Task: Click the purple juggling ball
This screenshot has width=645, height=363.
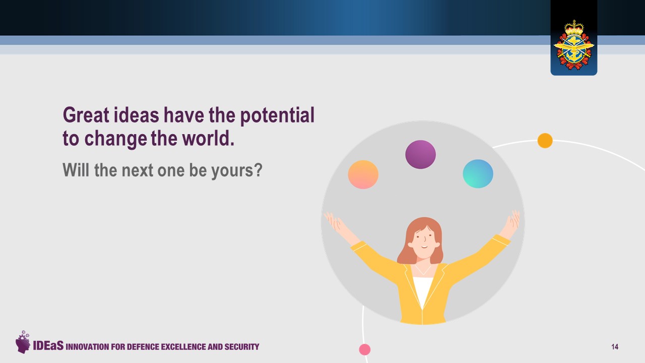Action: pyautogui.click(x=420, y=154)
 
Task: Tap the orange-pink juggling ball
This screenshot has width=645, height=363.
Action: pyautogui.click(x=363, y=174)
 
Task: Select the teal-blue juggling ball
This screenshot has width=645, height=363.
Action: pyautogui.click(x=478, y=174)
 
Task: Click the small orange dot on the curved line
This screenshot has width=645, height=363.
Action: pyautogui.click(x=545, y=141)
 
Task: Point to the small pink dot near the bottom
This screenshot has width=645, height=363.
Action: pyautogui.click(x=365, y=349)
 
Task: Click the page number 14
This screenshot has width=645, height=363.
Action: pyautogui.click(x=615, y=346)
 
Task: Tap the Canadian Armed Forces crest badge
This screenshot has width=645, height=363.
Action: pyautogui.click(x=574, y=45)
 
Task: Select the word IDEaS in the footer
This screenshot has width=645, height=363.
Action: pyautogui.click(x=48, y=345)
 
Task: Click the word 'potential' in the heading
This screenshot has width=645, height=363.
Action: pyautogui.click(x=277, y=116)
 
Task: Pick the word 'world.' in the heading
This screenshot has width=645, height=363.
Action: pyautogui.click(x=209, y=139)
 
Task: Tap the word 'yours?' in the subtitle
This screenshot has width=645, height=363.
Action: pyautogui.click(x=237, y=171)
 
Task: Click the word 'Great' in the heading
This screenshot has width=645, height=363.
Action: pyautogui.click(x=86, y=115)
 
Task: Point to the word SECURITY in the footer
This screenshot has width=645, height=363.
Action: pyautogui.click(x=242, y=346)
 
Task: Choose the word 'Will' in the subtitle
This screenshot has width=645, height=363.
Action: pyautogui.click(x=76, y=170)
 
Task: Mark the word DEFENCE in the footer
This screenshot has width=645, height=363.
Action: pyautogui.click(x=143, y=346)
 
